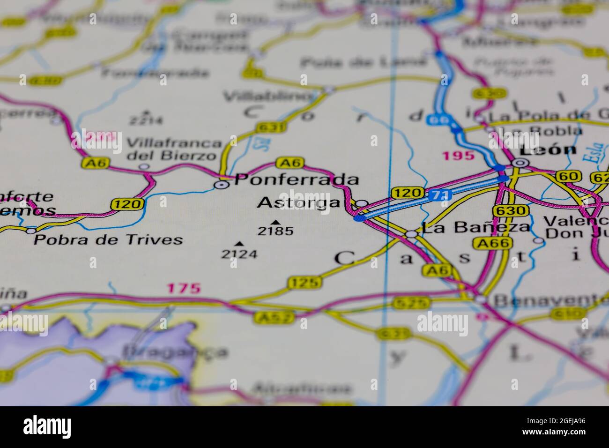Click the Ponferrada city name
297,179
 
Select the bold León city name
548,150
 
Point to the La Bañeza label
475,228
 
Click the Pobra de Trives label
108,240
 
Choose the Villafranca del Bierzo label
174,149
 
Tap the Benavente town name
550,300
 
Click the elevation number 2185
275,231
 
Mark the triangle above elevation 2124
239,244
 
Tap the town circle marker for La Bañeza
411,234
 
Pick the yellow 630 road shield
511,211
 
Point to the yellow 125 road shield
305,282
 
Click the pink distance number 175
185,288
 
